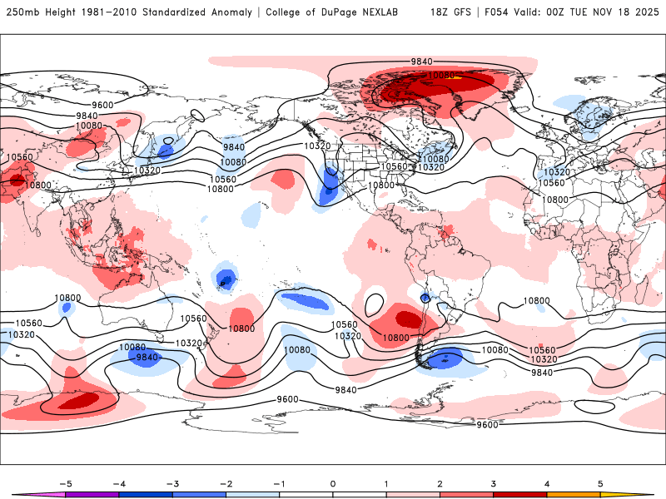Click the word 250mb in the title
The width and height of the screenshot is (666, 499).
click(x=22, y=12)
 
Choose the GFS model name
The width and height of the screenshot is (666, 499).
click(x=465, y=12)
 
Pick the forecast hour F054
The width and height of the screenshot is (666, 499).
click(x=498, y=12)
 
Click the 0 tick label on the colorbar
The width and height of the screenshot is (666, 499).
click(x=333, y=482)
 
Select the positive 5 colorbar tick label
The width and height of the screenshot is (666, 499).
click(x=600, y=482)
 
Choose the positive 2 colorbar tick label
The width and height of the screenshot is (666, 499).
click(x=440, y=482)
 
